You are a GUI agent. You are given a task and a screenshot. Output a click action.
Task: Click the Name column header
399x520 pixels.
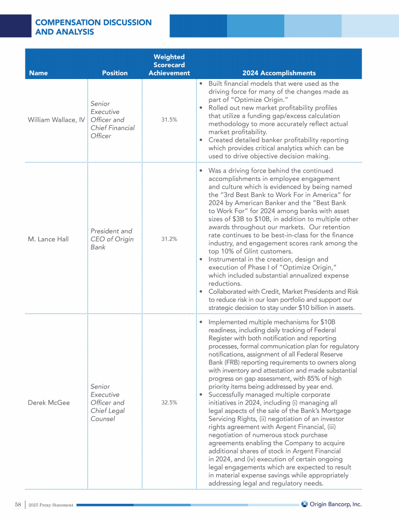[38, 73]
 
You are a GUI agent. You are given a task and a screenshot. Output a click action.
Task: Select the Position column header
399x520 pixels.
[115, 73]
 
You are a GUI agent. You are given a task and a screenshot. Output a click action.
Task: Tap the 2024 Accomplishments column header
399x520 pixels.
[279, 73]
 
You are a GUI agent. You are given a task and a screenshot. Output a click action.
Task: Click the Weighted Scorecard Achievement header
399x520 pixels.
[169, 65]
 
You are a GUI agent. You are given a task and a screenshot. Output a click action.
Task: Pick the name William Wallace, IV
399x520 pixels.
[57, 120]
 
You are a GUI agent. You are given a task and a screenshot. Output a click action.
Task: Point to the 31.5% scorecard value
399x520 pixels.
[169, 120]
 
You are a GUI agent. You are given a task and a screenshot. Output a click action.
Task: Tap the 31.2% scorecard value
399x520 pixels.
[169, 239]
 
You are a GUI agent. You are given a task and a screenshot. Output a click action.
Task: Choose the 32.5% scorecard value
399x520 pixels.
[169, 402]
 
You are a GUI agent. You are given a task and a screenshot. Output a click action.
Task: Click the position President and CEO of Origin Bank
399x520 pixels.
[112, 239]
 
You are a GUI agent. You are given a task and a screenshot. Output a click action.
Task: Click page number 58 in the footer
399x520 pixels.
[18, 504]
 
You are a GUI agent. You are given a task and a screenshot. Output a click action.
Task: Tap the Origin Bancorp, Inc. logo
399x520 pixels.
[331, 504]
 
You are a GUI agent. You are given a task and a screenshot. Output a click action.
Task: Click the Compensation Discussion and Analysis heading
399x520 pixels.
[93, 27]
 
